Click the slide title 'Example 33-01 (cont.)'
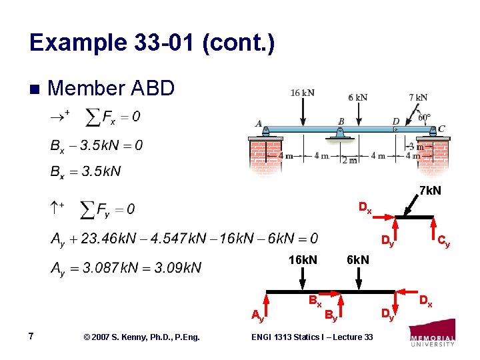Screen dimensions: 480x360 [x=152, y=44]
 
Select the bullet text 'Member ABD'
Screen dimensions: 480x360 [x=111, y=89]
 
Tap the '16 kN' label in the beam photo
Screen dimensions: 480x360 [x=303, y=93]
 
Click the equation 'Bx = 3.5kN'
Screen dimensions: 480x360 [x=85, y=171]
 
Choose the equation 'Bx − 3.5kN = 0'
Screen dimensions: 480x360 [x=96, y=145]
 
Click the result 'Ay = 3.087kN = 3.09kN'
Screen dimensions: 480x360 [x=125, y=268]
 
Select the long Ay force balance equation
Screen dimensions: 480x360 [x=184, y=238]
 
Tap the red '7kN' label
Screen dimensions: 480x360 [x=430, y=191]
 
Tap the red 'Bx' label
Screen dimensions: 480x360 [x=315, y=301]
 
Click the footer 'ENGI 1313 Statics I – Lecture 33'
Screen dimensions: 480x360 [x=312, y=337]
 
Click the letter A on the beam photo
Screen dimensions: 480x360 [x=259, y=123]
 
